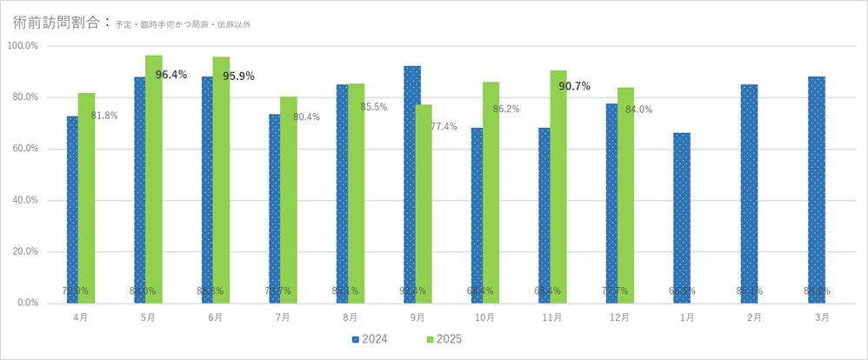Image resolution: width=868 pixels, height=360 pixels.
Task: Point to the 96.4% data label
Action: coord(171,75)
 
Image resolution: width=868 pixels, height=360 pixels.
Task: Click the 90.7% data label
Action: coord(575,86)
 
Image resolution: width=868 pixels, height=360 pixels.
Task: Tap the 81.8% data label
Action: coord(104,116)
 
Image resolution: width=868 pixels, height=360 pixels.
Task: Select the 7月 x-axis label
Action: coord(283,318)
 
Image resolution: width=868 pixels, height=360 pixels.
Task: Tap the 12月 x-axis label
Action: coord(619,318)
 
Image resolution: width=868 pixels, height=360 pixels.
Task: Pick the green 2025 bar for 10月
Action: coord(491,192)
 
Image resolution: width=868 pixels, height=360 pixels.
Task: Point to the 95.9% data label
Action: coord(238,77)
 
